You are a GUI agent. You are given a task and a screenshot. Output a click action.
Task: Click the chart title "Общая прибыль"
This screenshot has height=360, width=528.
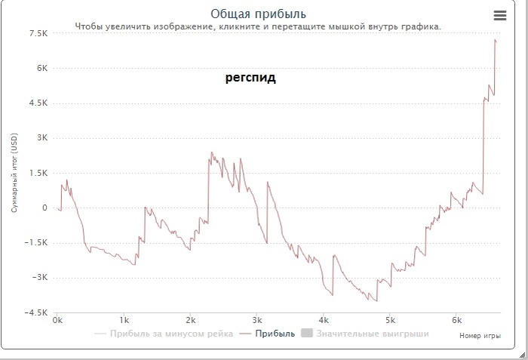click(259, 14)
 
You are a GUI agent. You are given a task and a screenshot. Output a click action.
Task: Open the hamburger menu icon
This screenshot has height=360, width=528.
click(500, 15)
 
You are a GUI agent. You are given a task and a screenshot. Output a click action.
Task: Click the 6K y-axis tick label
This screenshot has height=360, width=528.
click(42, 68)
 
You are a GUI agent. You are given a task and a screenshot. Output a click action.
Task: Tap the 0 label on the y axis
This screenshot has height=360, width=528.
click(45, 208)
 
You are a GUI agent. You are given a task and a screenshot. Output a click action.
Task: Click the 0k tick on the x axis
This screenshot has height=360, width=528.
click(58, 320)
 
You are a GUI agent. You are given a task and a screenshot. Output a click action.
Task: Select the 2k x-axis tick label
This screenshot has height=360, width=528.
click(191, 320)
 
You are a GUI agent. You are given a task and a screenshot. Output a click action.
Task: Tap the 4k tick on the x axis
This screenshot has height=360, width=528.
click(324, 320)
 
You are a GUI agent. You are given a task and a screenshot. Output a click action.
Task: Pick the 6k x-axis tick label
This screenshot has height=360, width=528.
click(456, 320)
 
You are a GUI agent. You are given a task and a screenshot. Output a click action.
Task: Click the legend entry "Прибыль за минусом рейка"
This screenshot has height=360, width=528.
click(170, 333)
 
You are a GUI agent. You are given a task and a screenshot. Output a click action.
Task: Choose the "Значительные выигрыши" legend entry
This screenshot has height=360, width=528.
click(373, 333)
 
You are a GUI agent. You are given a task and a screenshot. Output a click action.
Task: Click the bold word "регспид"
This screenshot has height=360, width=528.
click(250, 78)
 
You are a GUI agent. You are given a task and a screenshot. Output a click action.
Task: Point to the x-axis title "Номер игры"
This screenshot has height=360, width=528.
click(480, 336)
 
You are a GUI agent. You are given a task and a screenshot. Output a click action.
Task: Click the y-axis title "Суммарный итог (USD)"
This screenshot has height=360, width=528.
click(14, 173)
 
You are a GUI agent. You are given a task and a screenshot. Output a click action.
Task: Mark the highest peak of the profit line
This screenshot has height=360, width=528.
click(495, 40)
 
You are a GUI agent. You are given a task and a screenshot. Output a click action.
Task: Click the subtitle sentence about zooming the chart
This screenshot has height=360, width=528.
click(258, 26)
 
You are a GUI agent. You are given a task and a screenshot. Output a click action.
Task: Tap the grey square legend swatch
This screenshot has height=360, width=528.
click(306, 333)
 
